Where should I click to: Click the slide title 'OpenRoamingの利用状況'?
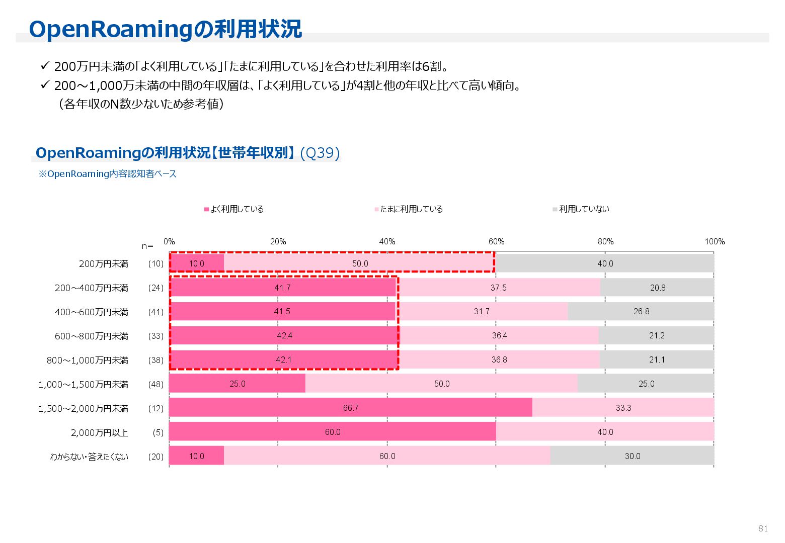(x=165, y=29)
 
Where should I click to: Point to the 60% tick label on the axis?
(x=496, y=242)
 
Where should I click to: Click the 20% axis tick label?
(x=278, y=242)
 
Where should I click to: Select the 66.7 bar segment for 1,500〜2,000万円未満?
(x=351, y=408)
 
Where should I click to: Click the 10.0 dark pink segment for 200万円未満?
(x=197, y=263)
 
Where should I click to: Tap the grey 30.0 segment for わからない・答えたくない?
(x=632, y=456)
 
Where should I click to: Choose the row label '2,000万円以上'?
(x=100, y=432)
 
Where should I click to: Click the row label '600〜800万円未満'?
(x=92, y=336)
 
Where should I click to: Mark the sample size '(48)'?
(x=155, y=384)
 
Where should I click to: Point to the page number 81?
(x=763, y=528)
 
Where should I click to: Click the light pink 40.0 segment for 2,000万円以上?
(x=605, y=432)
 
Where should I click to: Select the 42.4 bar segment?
(x=284, y=335)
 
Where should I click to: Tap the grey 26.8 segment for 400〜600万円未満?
(x=641, y=312)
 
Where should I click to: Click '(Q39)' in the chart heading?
(x=320, y=153)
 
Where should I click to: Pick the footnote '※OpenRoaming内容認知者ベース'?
(x=108, y=174)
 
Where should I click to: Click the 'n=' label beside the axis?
(x=147, y=246)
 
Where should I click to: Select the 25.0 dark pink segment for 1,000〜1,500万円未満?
(x=237, y=384)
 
